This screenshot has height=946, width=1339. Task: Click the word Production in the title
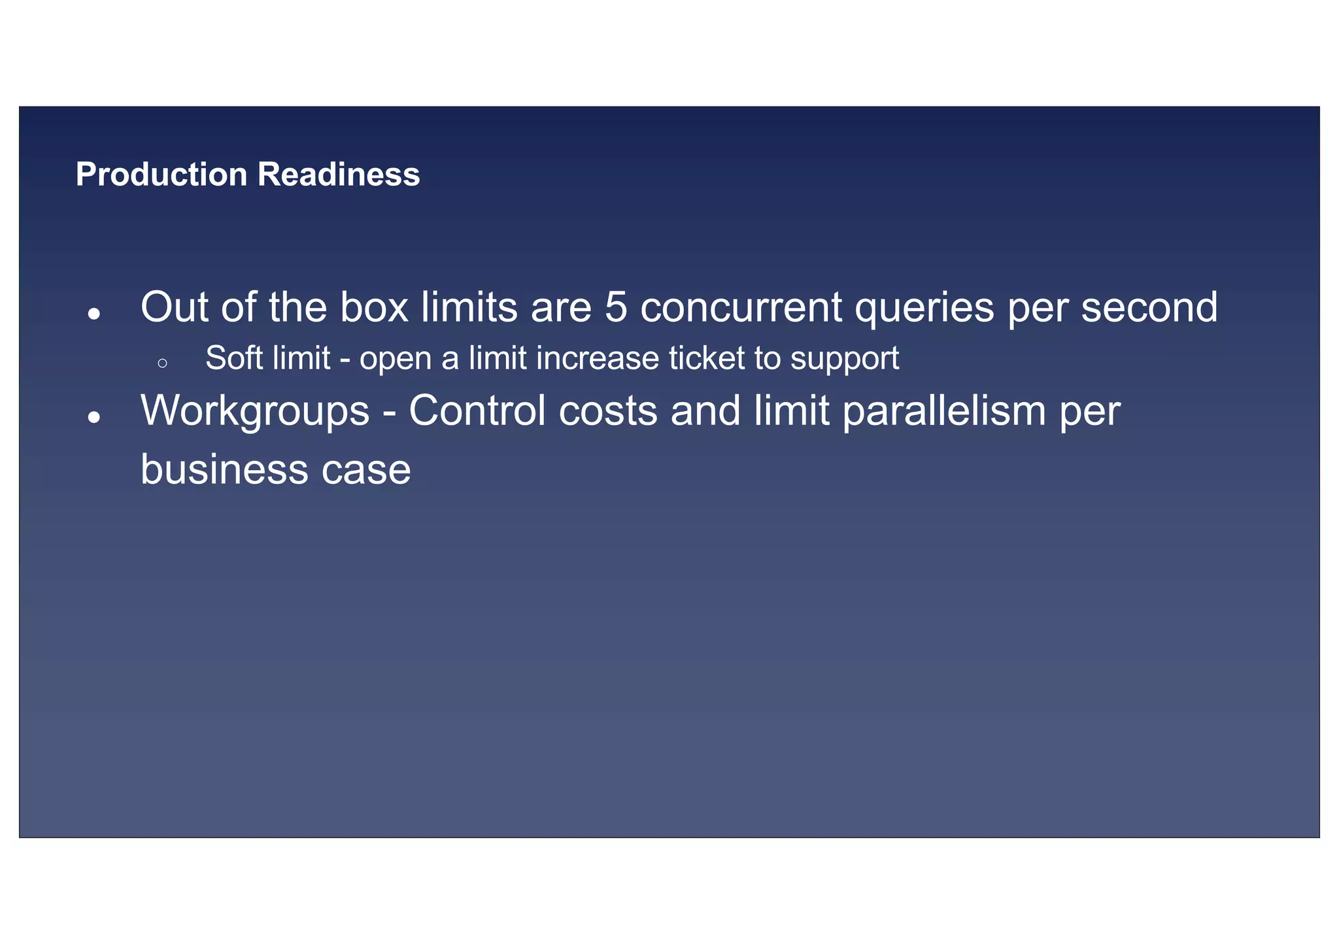pyautogui.click(x=161, y=175)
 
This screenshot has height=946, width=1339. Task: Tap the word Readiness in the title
pyautogui.click(x=338, y=175)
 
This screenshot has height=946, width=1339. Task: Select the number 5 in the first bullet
pyautogui.click(x=615, y=307)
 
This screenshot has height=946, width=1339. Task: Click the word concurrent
pyautogui.click(x=741, y=307)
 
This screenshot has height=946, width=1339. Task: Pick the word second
pyautogui.click(x=1149, y=307)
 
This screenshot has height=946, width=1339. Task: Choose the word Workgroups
pyautogui.click(x=255, y=412)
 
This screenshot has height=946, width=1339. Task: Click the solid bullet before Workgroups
pyautogui.click(x=94, y=417)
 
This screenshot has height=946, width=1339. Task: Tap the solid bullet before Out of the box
pyautogui.click(x=94, y=314)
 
